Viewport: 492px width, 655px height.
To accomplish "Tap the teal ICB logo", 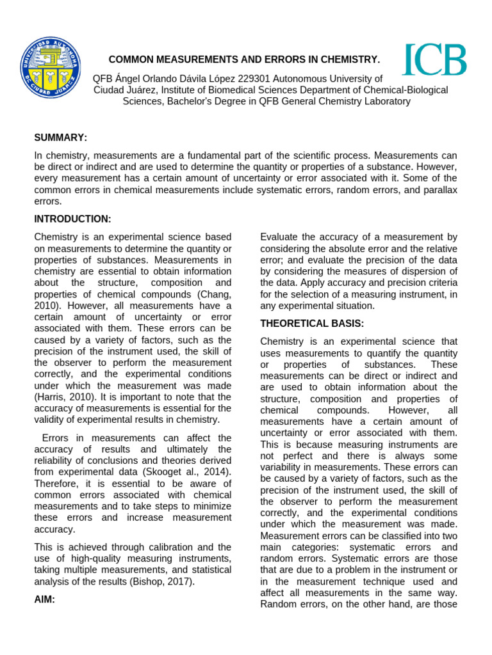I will [434, 60].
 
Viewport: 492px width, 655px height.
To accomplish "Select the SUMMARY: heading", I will [61, 138].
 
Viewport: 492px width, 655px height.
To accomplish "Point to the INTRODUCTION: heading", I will [72, 219].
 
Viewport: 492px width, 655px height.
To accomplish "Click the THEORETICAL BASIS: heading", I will [312, 323].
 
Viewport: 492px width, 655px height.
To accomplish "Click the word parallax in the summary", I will [438, 189].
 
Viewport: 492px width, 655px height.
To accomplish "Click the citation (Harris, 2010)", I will [64, 397].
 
